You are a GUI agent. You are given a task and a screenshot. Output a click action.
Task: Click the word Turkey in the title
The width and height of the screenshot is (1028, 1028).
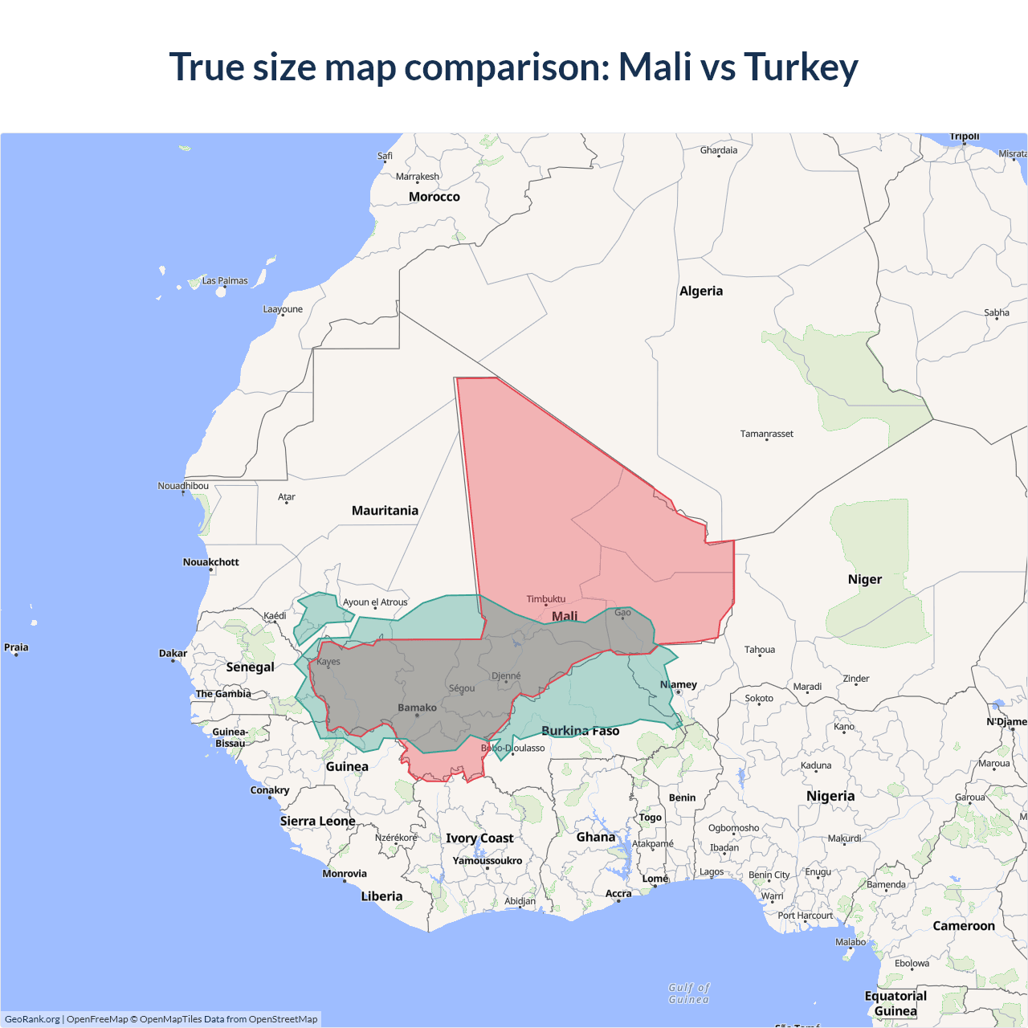tap(801, 67)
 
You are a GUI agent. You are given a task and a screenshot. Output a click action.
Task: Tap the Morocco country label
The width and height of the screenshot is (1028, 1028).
tap(434, 197)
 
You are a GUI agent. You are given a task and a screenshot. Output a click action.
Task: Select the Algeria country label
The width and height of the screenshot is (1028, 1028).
tap(700, 291)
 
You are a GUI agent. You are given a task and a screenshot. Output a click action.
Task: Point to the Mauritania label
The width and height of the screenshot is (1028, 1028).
tap(385, 511)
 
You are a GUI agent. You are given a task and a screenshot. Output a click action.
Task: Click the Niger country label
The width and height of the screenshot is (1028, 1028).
tap(864, 579)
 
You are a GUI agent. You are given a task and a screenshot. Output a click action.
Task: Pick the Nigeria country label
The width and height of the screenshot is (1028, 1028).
tap(830, 796)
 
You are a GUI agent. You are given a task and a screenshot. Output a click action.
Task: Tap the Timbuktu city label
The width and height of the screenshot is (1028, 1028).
tap(546, 599)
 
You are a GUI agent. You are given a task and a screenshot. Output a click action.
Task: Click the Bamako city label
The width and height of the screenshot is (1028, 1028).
tap(417, 708)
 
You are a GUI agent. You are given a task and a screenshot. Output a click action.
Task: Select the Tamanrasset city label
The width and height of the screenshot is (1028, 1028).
tap(766, 434)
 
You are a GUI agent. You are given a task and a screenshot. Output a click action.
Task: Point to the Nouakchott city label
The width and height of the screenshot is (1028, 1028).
tap(210, 562)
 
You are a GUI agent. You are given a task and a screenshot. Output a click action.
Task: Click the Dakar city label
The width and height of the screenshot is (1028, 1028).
tap(173, 653)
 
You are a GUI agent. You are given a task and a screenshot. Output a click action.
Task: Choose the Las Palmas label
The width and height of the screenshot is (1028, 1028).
tap(225, 280)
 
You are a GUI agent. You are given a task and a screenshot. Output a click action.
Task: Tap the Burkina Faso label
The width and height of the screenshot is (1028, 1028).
tap(580, 731)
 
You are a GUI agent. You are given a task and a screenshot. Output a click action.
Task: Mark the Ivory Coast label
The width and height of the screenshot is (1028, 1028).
tap(479, 838)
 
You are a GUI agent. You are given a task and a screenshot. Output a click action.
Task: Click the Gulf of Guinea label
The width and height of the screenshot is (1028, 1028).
tap(689, 993)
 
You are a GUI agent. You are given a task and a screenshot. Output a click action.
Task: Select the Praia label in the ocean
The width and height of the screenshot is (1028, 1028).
tap(16, 647)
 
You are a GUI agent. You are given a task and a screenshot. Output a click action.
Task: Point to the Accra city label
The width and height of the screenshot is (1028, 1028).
tap(618, 893)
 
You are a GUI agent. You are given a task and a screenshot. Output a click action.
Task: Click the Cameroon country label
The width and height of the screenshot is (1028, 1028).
tap(963, 926)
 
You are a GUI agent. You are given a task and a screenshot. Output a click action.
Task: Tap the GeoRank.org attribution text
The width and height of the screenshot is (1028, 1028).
tap(32, 1019)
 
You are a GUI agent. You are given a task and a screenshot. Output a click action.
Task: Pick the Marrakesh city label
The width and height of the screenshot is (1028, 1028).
tap(417, 177)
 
